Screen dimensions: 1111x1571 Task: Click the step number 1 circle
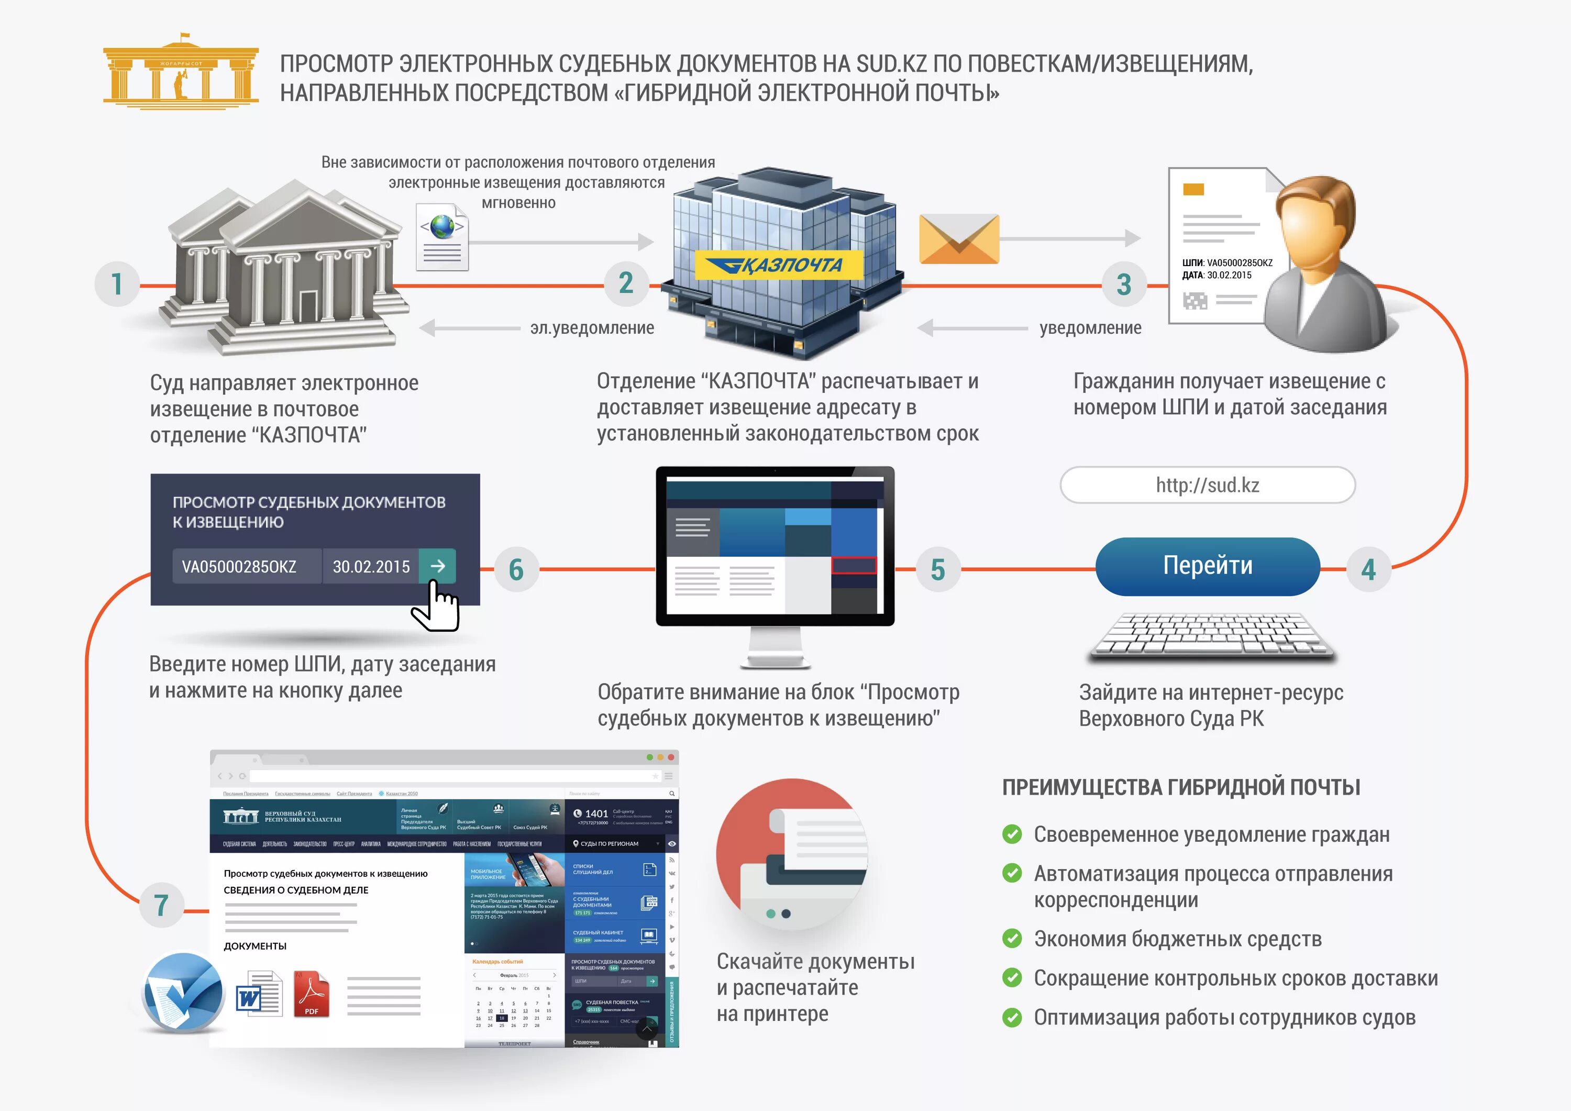coord(117,283)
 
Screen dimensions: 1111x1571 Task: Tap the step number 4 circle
coord(1368,569)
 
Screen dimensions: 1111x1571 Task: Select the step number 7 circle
coord(161,905)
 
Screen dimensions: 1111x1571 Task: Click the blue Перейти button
coord(1207,566)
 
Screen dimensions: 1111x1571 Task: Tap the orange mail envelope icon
coord(959,239)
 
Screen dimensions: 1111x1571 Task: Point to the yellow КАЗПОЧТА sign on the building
coord(778,265)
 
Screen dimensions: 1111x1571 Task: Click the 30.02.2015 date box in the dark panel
coord(371,567)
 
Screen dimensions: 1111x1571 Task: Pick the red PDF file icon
coord(312,994)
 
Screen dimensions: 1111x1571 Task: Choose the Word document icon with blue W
coord(259,995)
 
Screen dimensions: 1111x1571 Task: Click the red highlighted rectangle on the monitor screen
coord(853,565)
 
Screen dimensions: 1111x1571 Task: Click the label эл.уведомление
coord(592,328)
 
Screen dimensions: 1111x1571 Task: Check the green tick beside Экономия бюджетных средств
coord(1012,939)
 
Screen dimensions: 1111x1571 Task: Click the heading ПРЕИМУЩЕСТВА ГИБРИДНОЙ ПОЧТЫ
coord(1181,787)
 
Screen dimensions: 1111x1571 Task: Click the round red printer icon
coord(792,854)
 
